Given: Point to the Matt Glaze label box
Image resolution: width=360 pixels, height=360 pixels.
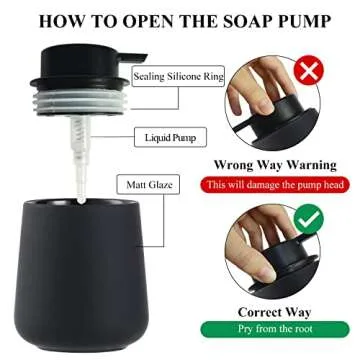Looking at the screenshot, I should tap(149, 184).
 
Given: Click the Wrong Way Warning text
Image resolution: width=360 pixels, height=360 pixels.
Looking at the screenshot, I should tap(267, 165).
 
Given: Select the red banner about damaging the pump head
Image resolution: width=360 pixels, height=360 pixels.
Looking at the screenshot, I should tap(267, 185).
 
